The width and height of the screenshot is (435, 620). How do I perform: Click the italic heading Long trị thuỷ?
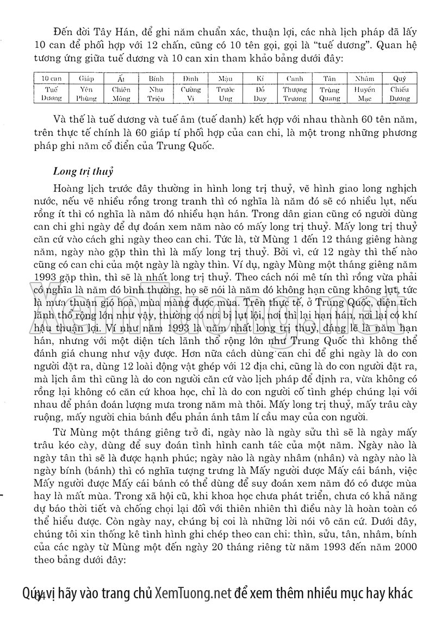click(83, 172)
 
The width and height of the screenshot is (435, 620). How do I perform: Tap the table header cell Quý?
click(400, 79)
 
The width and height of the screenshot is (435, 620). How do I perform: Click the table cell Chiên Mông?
click(121, 93)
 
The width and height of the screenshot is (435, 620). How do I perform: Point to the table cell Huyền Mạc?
click(364, 93)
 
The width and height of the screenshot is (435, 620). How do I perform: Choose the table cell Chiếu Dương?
click(400, 93)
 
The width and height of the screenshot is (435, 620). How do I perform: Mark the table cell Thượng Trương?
click(295, 93)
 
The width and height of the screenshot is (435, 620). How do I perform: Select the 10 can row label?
click(51, 79)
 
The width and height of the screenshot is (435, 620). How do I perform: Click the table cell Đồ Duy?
click(259, 93)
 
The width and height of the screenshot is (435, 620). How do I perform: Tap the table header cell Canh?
click(295, 79)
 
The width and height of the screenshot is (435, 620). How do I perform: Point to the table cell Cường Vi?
click(191, 93)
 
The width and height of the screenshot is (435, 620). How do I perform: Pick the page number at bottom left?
click(37, 596)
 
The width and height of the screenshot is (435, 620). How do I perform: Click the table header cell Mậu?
click(225, 79)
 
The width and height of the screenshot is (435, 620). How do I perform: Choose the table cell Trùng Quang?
click(330, 93)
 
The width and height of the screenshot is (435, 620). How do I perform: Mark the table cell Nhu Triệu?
click(156, 93)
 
